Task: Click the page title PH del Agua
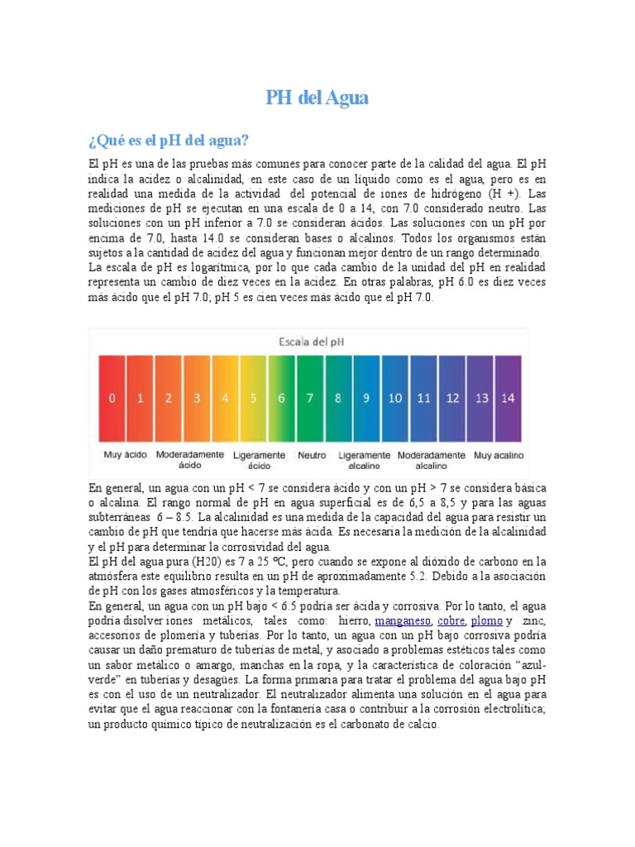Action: [x=317, y=98]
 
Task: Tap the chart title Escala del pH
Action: [x=310, y=340]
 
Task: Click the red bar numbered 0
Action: [x=112, y=398]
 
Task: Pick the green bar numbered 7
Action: [x=310, y=398]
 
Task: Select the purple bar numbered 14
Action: [x=508, y=398]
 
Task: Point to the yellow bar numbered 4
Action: [x=225, y=398]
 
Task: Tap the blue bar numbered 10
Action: [x=394, y=398]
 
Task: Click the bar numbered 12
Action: [x=452, y=398]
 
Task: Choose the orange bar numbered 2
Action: [x=169, y=398]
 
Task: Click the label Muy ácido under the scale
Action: [x=125, y=456]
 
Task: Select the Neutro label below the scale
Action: [x=312, y=456]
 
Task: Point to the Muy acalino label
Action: [x=499, y=456]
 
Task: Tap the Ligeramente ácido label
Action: [x=260, y=461]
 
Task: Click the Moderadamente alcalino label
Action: [x=432, y=461]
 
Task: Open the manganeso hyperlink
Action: [x=403, y=620]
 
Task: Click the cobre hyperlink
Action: [x=451, y=620]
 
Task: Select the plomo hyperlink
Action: [x=486, y=620]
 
